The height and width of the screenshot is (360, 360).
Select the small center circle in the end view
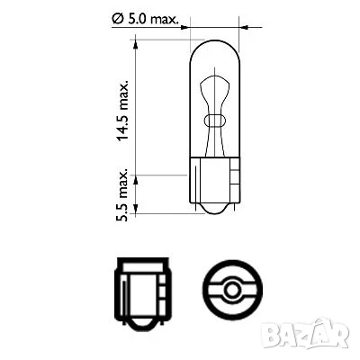click(x=232, y=289)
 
